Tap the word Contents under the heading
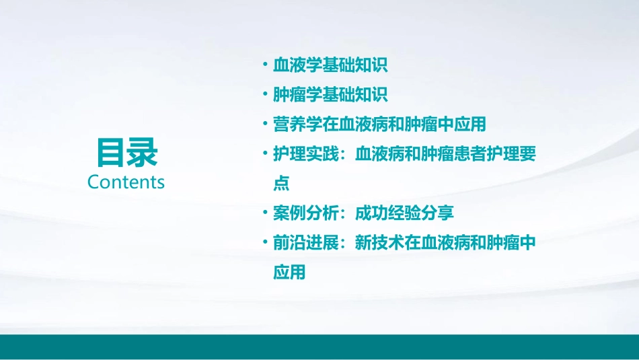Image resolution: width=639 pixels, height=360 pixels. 126,182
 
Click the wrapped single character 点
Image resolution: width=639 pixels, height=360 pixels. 281,184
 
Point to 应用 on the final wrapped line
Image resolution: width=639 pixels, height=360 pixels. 289,273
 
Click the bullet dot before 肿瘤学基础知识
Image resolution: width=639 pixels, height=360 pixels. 266,94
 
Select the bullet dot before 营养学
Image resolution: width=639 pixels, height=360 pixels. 266,124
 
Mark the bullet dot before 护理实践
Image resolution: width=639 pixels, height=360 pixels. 266,153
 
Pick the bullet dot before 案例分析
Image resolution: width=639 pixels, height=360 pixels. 266,213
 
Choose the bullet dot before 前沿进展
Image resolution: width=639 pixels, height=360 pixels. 266,242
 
